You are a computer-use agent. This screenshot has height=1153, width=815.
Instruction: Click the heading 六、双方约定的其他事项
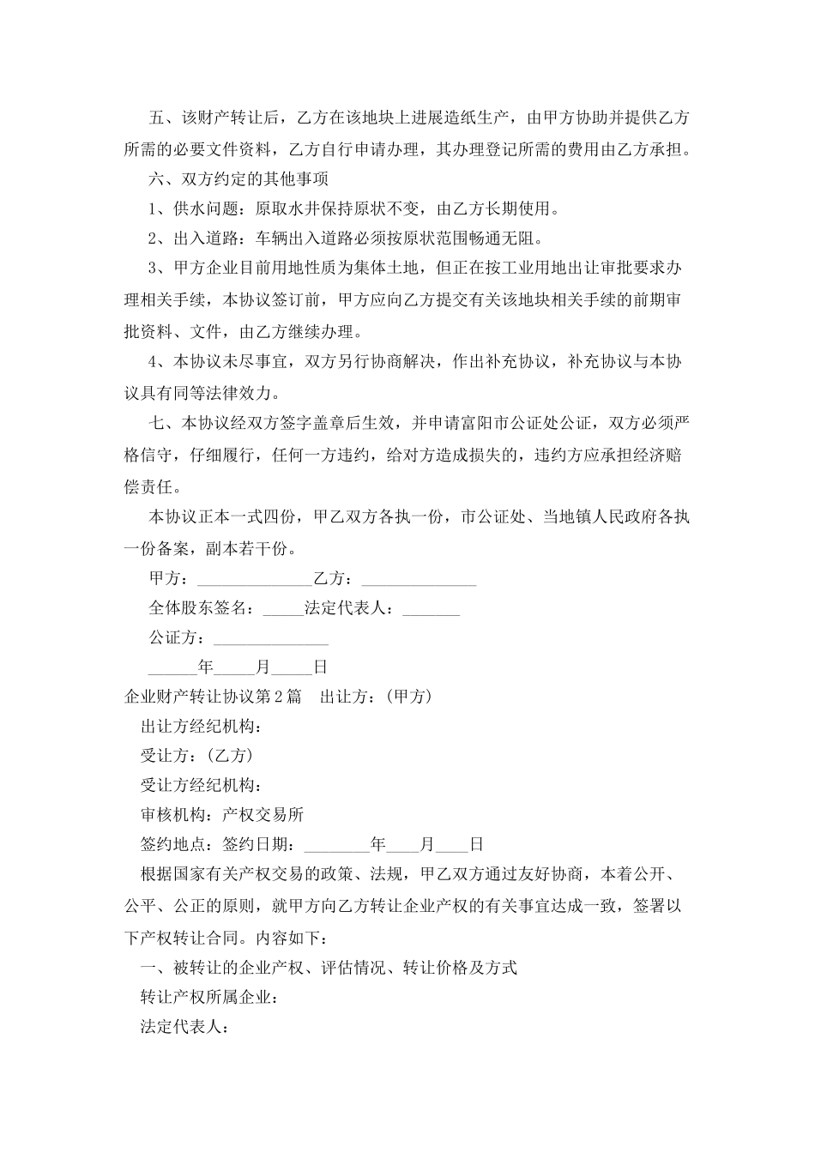click(238, 179)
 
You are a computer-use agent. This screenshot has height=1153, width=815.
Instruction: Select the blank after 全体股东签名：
click(283, 609)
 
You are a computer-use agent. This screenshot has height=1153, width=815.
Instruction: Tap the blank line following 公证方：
click(270, 638)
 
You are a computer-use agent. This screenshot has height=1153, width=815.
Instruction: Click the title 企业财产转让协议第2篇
click(213, 697)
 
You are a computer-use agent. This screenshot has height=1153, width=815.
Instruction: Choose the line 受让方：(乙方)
click(196, 756)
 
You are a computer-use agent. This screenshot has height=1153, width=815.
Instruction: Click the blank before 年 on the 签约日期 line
click(336, 844)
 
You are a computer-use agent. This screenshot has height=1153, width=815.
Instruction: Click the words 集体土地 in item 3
click(386, 268)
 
